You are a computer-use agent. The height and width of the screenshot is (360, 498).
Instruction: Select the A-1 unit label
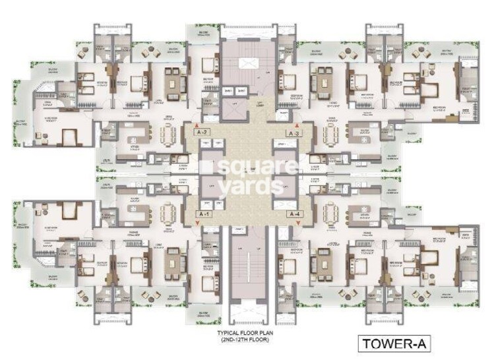204,215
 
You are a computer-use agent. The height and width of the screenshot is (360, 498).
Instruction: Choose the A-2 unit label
204,132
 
